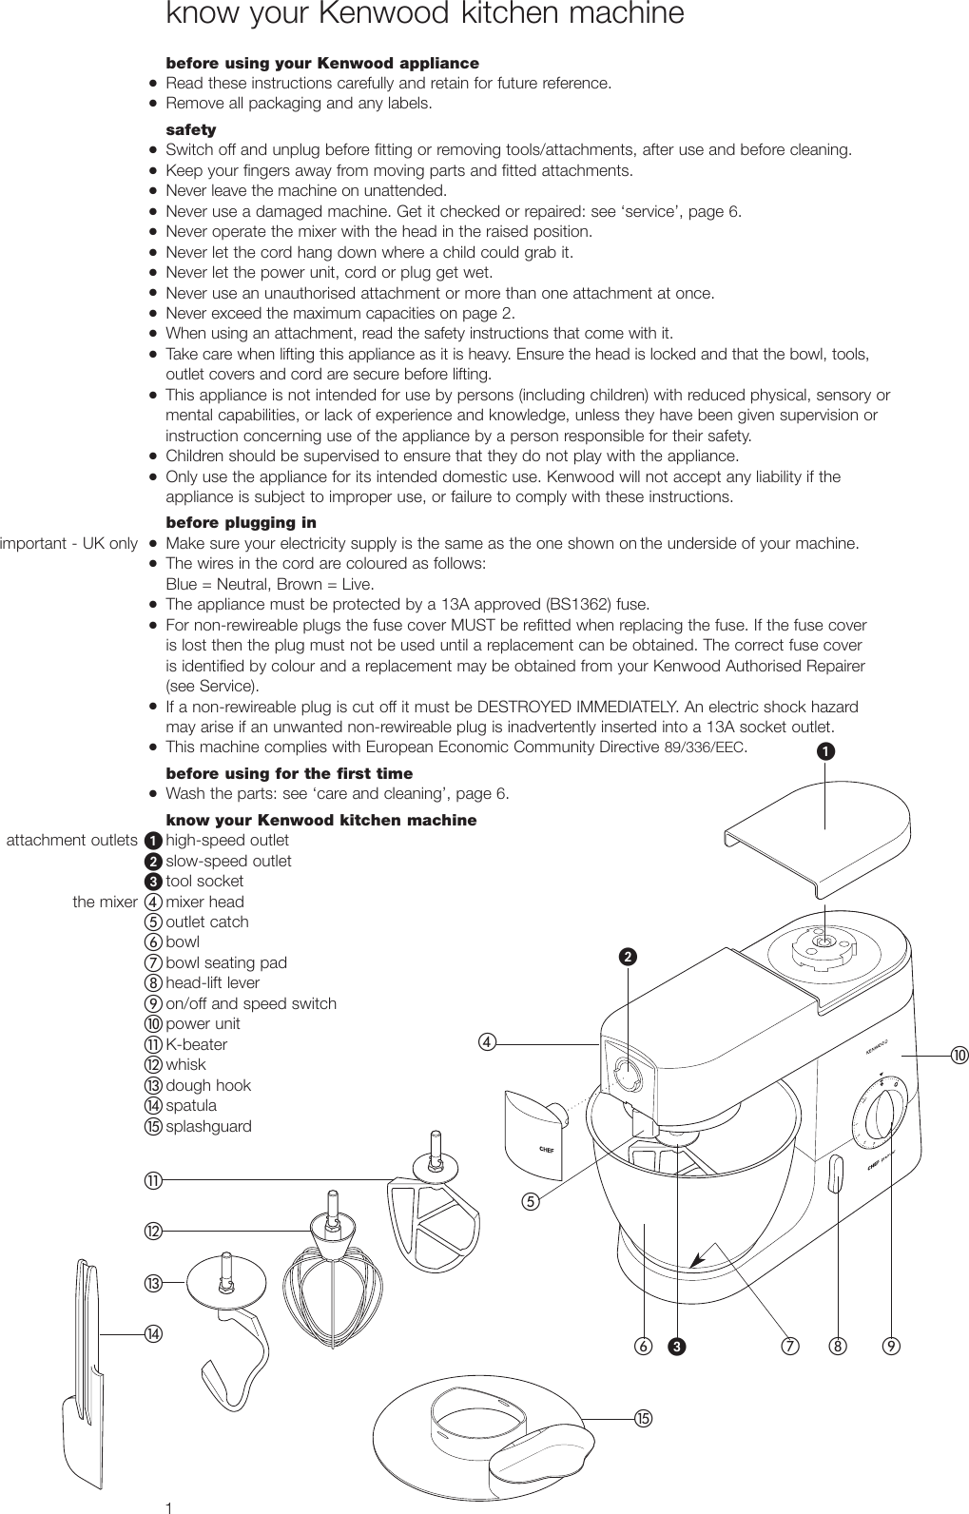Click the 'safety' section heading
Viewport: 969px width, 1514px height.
pos(190,129)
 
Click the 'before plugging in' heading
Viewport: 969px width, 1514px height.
pos(241,523)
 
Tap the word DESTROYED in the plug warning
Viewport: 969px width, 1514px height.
pos(523,708)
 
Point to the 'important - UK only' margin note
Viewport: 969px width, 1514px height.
pos(69,544)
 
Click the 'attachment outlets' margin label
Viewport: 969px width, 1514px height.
pos(72,841)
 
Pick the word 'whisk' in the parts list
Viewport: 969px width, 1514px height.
pos(185,1065)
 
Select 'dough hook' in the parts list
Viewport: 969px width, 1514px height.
pos(208,1085)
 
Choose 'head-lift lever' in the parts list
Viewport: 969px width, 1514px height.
pos(212,983)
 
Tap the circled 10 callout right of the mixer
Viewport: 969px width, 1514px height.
pos(958,1055)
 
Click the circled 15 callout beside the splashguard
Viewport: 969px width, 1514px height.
pos(644,1419)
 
